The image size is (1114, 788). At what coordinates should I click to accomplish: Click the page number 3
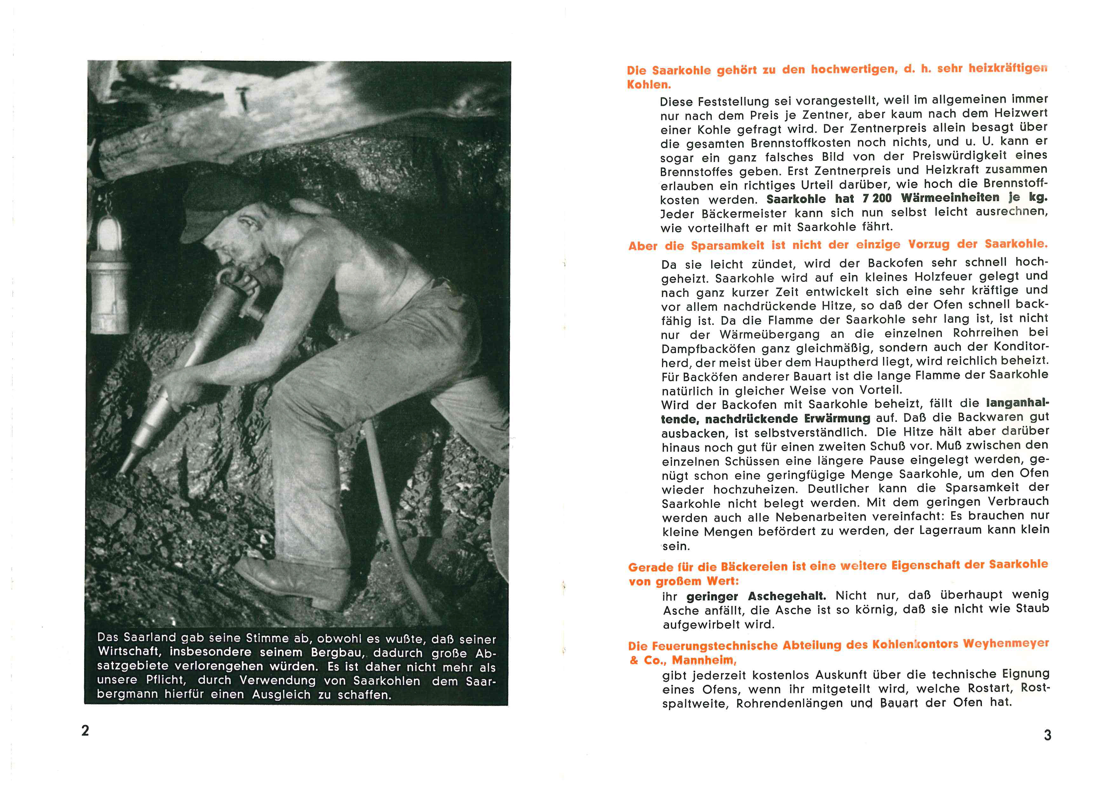coord(1048,735)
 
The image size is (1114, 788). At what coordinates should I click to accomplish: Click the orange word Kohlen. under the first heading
coord(649,85)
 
